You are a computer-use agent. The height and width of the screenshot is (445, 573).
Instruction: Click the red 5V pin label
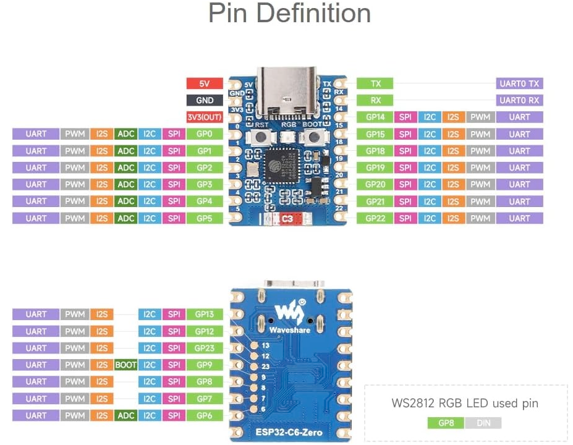204,83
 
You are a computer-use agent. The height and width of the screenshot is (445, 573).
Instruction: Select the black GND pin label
204,100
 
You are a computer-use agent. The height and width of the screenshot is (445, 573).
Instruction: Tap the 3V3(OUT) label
204,117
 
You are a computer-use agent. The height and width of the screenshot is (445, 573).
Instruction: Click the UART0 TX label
519,83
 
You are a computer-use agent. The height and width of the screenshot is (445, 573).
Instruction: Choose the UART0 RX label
519,100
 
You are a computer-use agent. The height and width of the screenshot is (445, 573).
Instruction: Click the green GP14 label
375,117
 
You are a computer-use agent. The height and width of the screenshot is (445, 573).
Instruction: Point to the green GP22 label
375,218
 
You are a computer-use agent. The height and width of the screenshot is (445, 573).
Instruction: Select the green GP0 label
204,133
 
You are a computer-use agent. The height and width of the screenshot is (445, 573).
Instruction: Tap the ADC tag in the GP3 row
126,184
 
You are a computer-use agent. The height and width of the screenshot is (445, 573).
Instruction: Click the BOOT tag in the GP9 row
126,365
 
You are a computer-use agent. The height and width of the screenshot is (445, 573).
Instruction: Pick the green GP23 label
204,348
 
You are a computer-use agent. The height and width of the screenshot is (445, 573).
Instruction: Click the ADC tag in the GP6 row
126,416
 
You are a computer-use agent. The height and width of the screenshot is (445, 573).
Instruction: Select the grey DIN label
483,423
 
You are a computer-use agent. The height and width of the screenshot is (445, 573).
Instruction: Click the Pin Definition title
289,14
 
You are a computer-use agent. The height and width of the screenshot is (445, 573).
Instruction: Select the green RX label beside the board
375,100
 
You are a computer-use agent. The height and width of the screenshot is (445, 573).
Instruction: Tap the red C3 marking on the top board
287,218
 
